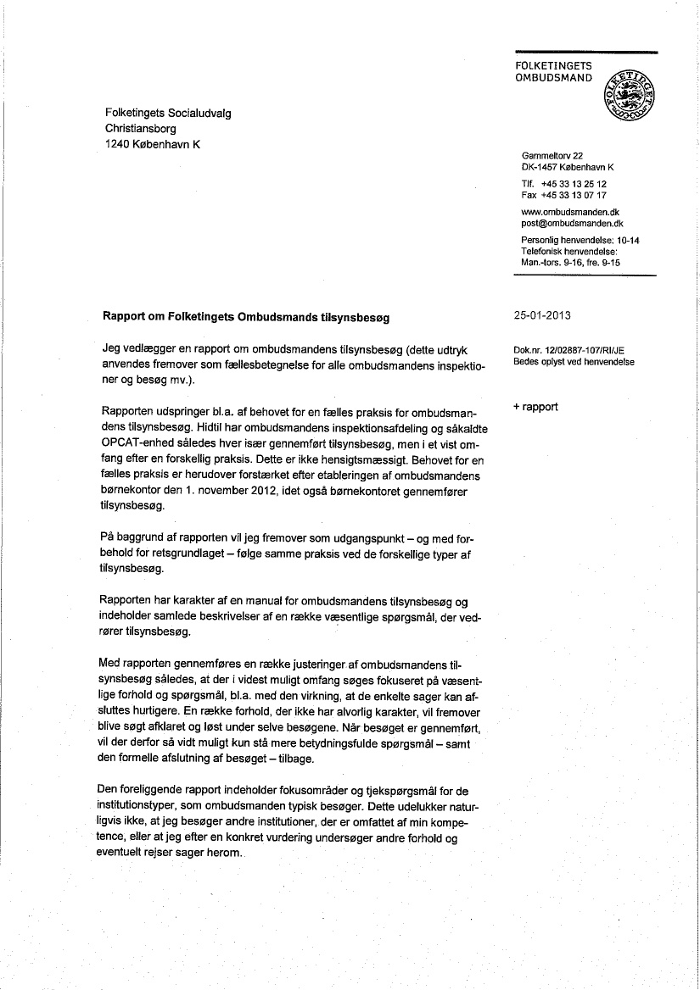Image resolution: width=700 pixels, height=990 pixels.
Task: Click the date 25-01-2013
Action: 542,316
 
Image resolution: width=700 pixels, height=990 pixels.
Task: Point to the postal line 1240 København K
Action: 152,144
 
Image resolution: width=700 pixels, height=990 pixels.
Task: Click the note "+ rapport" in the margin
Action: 535,407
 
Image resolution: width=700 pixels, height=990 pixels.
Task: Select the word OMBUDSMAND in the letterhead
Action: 554,78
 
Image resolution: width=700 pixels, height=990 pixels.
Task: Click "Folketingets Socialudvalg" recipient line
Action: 167,112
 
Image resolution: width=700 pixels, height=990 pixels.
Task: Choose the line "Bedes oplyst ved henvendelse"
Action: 574,362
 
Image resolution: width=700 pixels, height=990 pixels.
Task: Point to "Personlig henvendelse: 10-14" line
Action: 580,241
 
